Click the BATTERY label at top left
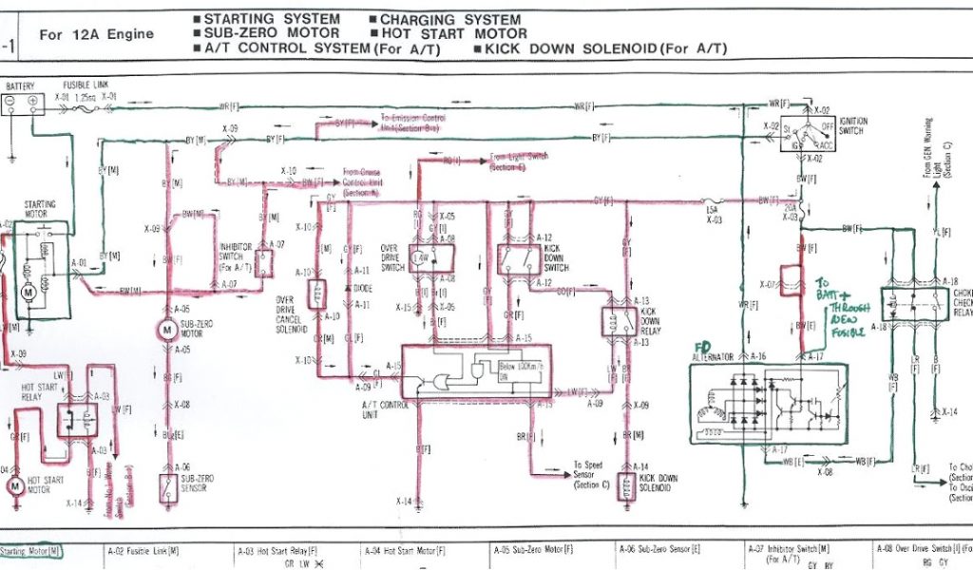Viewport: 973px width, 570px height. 20,85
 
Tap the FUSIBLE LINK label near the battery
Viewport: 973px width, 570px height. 86,85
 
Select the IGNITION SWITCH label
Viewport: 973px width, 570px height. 851,127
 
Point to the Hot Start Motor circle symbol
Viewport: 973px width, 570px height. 15,485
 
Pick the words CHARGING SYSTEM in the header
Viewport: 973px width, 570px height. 450,19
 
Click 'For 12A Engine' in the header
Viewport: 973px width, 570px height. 96,34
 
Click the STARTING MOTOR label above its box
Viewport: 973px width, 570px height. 41,209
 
